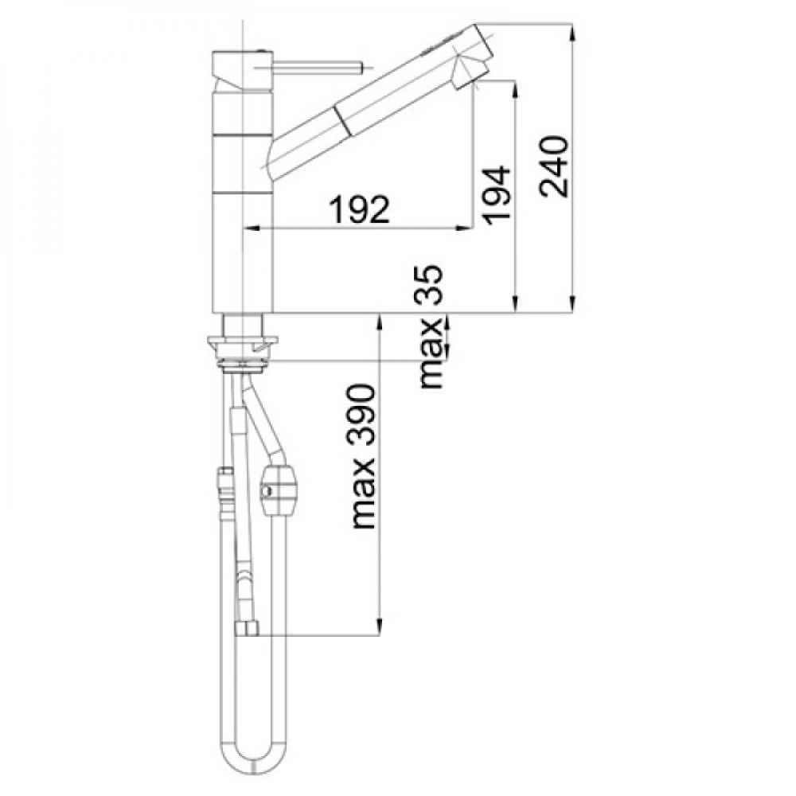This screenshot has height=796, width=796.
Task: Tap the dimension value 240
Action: [554, 166]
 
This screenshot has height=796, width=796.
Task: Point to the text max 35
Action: [430, 327]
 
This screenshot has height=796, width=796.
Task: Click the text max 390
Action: [364, 456]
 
